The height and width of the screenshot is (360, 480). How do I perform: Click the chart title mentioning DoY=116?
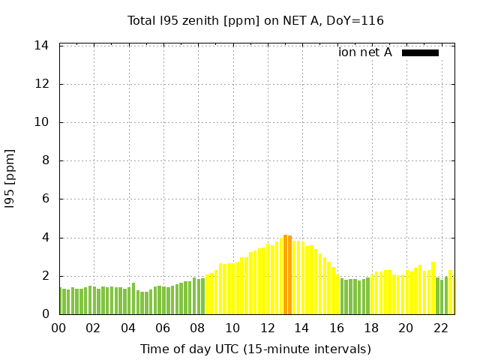click(255, 20)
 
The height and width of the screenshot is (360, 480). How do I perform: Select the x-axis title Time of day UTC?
click(255, 349)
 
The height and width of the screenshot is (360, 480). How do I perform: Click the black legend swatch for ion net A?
click(420, 52)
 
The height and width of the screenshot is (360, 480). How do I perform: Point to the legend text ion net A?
click(365, 52)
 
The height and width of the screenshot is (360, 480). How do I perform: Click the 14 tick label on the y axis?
click(42, 46)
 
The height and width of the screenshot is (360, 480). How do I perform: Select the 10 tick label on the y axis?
click(42, 122)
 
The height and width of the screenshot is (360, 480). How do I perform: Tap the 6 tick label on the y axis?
click(45, 199)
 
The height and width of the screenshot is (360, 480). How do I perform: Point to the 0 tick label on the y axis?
click(45, 314)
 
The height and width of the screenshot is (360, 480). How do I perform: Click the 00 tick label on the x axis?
click(59, 328)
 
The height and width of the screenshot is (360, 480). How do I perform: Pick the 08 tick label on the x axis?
click(198, 328)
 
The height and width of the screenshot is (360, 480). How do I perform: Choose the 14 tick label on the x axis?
click(301, 328)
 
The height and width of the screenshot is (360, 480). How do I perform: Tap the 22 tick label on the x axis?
click(440, 328)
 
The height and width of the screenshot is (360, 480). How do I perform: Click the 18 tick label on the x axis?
click(371, 328)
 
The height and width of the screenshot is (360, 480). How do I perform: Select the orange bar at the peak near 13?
click(287, 274)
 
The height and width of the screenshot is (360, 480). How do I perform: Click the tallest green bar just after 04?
click(133, 298)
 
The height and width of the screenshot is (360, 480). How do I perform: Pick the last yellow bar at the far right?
click(450, 292)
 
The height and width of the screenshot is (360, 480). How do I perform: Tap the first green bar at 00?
click(61, 301)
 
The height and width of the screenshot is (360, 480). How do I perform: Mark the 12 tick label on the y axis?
click(42, 84)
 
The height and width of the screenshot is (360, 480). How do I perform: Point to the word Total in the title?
click(142, 20)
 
